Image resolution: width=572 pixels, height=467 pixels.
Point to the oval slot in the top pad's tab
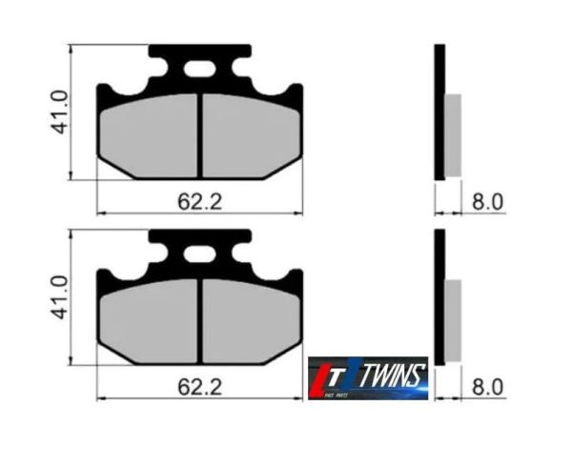(200, 69)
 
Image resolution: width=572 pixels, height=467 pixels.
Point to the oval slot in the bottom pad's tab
(200, 254)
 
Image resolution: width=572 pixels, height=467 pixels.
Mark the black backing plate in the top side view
(439, 112)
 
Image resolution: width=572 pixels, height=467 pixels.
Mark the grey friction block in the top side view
(453, 134)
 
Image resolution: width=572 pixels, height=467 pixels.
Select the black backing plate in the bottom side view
(439, 297)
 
